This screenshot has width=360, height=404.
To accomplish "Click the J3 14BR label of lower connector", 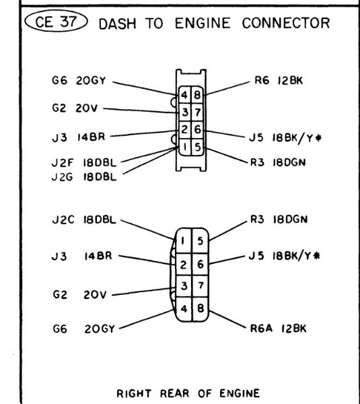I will (x=83, y=257).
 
